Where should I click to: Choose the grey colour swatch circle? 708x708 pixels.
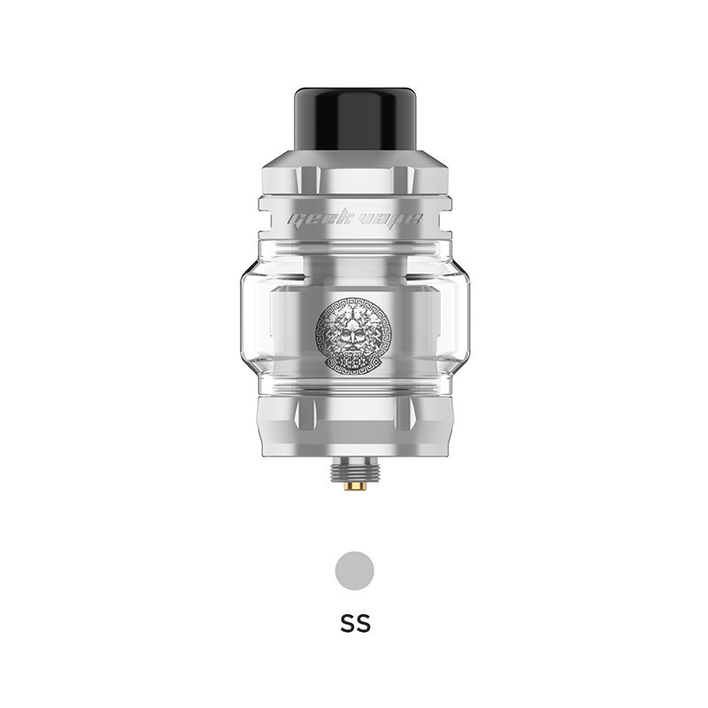(355, 569)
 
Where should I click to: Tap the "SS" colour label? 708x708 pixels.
(355, 622)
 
